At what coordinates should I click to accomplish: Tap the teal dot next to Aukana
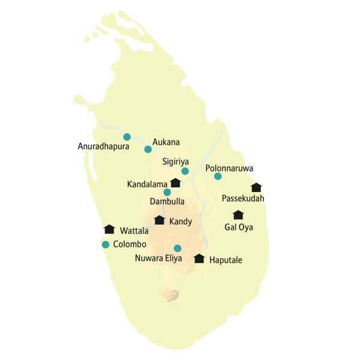[148, 149]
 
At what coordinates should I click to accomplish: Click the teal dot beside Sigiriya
[185, 171]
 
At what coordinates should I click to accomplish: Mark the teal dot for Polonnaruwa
[218, 176]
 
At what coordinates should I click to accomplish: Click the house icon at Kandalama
[175, 182]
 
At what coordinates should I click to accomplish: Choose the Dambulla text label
[167, 202]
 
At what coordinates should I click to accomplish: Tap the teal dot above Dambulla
[167, 192]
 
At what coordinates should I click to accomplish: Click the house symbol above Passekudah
[256, 187]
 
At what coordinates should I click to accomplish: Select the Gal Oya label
[238, 227]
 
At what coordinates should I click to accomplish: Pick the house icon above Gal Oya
[238, 215]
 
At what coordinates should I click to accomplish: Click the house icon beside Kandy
[159, 220]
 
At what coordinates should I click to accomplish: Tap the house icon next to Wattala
[109, 229]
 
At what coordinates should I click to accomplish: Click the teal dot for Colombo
[106, 244]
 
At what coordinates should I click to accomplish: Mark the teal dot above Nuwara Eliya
[177, 248]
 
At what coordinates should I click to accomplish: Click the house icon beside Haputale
[199, 259]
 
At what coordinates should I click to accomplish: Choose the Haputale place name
[229, 260]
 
